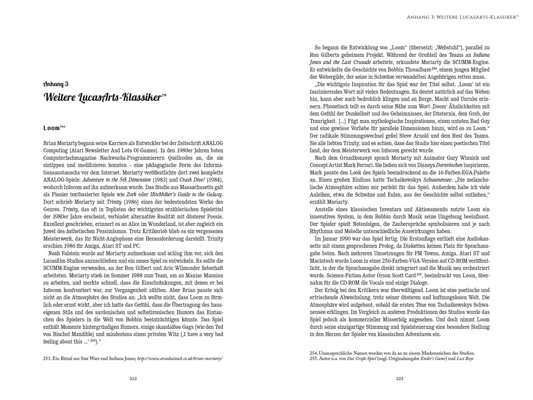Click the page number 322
(x=133, y=379)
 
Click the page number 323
(x=399, y=379)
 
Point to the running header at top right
(x=462, y=17)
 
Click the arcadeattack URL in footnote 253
(x=180, y=359)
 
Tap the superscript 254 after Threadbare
(x=434, y=69)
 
